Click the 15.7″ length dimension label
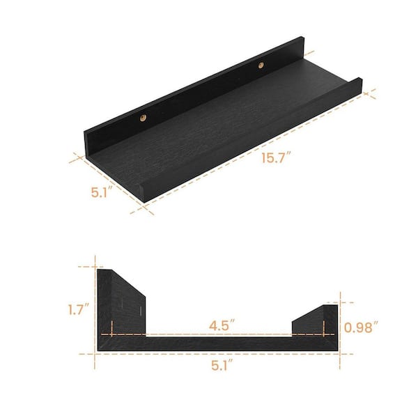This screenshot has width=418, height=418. [276, 157]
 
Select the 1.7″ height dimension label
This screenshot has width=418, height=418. [78, 309]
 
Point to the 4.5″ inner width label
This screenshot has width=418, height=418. [222, 325]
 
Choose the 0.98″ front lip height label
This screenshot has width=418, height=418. [361, 327]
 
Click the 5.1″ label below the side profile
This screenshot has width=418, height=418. [222, 364]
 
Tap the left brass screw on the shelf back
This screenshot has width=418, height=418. [143, 118]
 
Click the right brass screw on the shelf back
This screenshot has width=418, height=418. [261, 65]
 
